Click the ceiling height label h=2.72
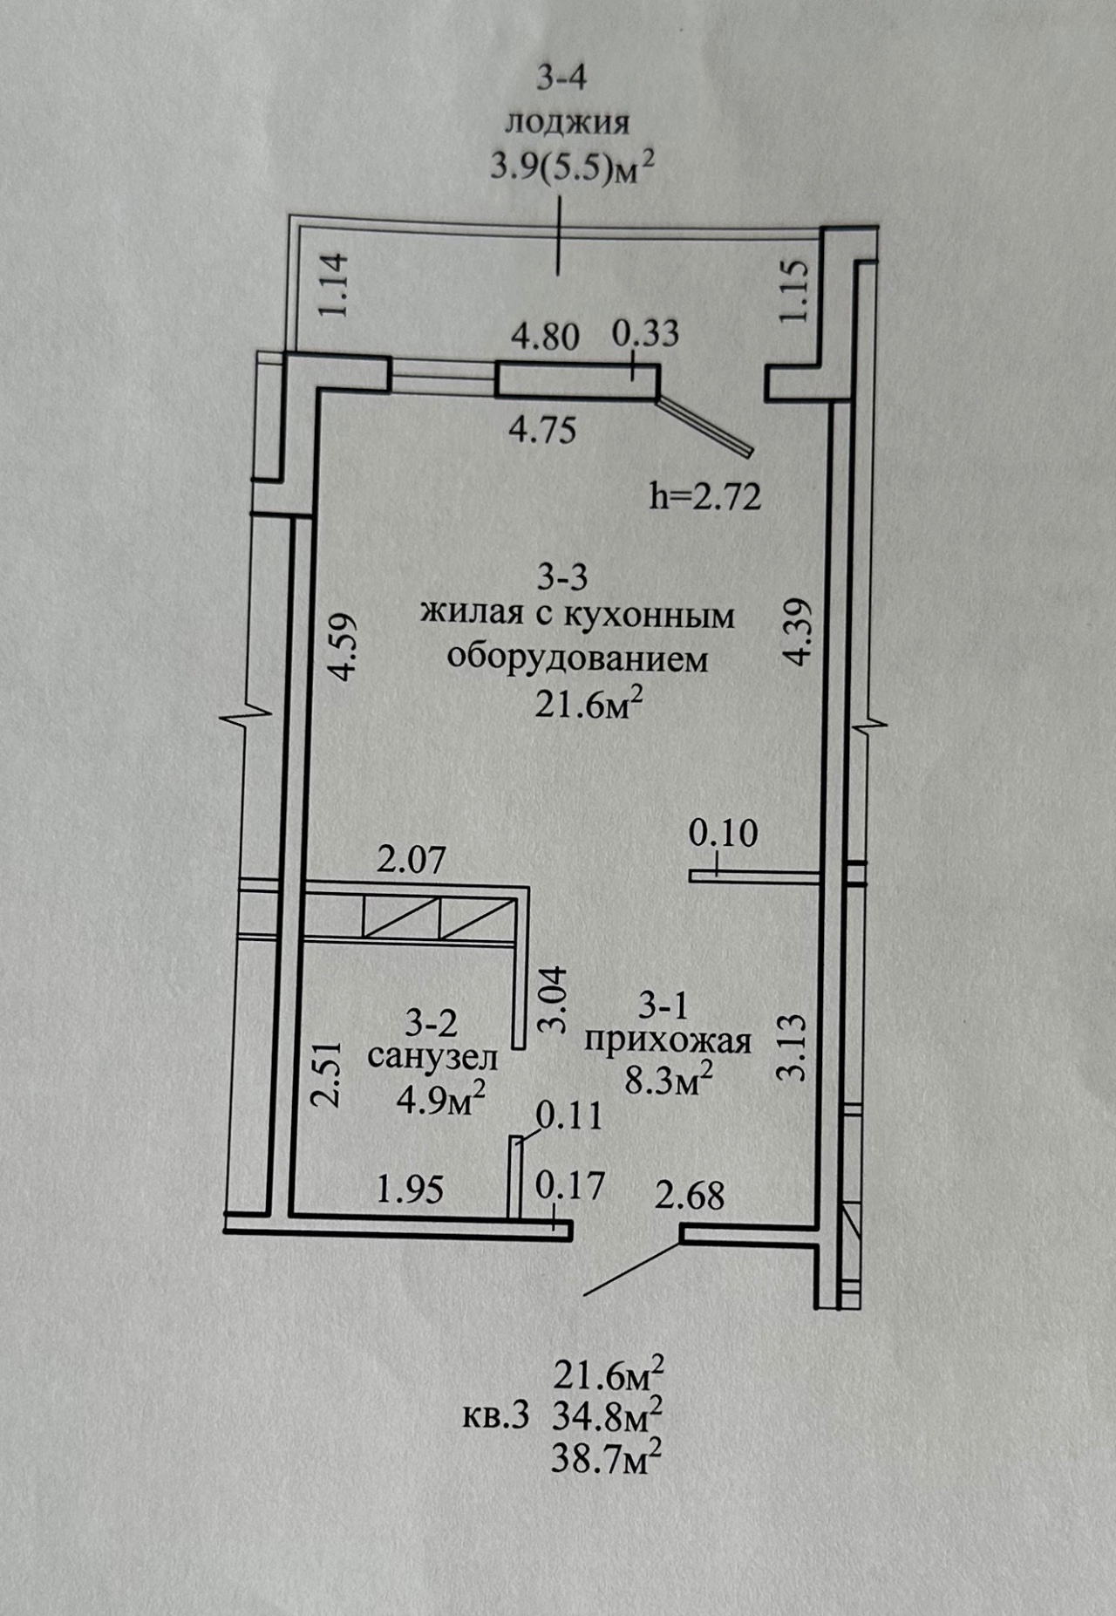coord(705,496)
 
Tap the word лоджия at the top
coord(568,122)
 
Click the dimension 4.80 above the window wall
coord(545,336)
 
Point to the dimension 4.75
coord(542,430)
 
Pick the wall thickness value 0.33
coord(645,333)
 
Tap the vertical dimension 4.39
coord(798,631)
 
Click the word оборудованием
coord(577,658)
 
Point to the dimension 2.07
coord(411,861)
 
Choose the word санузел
coord(432,1058)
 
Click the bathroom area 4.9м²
coord(441,1098)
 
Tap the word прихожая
coord(668,1041)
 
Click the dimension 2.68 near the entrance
coord(690,1196)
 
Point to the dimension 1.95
coord(410,1189)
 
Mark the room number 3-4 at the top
coord(561,78)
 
